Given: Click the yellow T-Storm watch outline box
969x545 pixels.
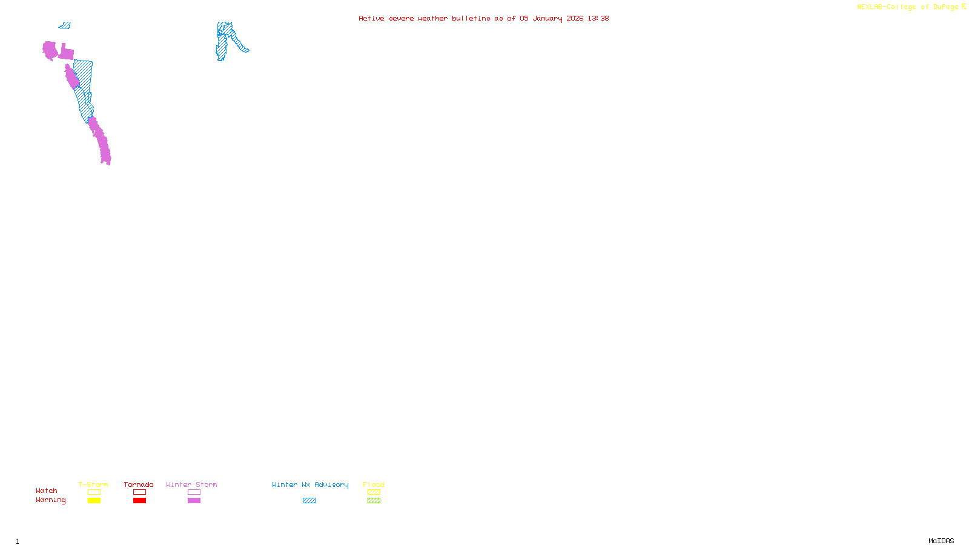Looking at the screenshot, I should [x=94, y=492].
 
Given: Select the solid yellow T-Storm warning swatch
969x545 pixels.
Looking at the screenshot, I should [x=94, y=501].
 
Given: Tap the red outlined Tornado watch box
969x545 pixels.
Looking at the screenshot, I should [x=139, y=492].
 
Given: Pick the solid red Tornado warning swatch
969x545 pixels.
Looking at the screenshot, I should [x=139, y=501].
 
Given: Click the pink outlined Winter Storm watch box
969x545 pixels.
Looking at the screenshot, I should [x=194, y=492].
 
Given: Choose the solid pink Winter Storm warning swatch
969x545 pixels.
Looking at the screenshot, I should [x=194, y=501].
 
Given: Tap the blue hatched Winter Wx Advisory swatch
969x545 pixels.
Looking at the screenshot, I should [x=309, y=501].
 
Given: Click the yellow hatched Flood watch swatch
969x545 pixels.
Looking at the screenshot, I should [x=374, y=492].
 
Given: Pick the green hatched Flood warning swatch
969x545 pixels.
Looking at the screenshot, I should [x=374, y=501].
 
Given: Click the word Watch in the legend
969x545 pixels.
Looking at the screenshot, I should [x=47, y=491].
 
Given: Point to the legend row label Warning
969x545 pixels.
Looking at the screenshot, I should [x=50, y=500].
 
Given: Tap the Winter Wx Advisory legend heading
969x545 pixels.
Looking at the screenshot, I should [x=310, y=484].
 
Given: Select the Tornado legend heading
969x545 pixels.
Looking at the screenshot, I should [x=139, y=484].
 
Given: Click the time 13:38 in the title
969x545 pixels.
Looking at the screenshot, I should [x=598, y=18].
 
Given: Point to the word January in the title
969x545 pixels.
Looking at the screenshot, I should [x=547, y=18].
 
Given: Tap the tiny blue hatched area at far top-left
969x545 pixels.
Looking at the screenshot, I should [x=65, y=25].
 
